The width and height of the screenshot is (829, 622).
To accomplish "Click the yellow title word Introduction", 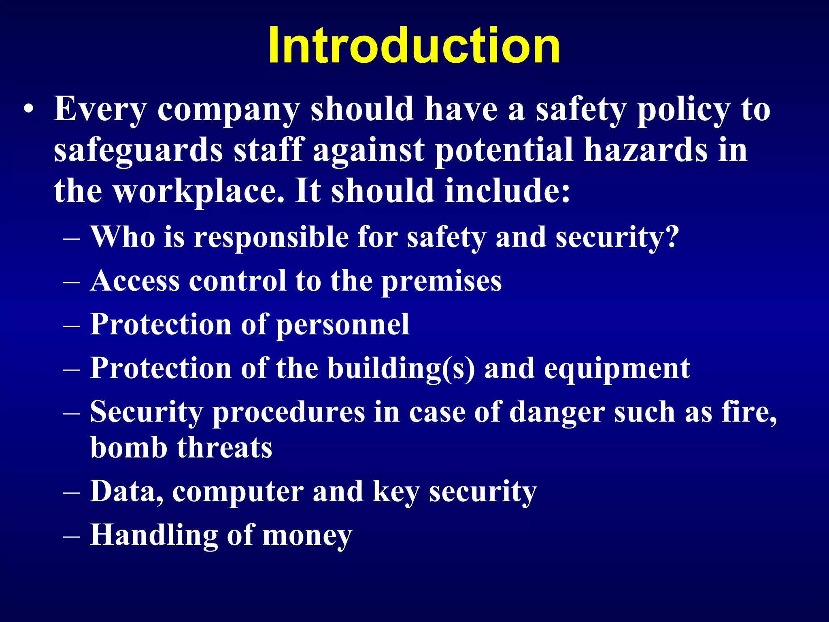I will (414, 45).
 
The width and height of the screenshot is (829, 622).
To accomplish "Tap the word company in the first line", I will (228, 110).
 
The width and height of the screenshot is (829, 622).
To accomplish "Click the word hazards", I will (646, 150).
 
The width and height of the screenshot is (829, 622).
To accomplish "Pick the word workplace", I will (198, 192).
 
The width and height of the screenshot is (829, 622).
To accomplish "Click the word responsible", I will (271, 237).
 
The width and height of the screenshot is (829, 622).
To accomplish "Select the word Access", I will (135, 281).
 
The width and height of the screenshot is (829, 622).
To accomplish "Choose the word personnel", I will (343, 325).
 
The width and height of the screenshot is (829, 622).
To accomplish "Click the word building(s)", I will (401, 369).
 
